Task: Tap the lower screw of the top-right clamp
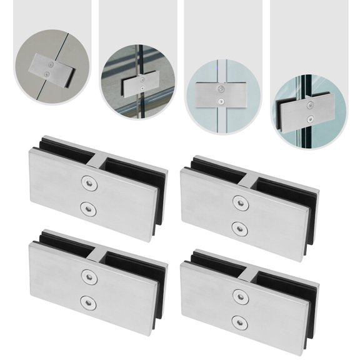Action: (x=237, y=226)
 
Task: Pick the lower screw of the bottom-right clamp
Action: (x=237, y=321)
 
